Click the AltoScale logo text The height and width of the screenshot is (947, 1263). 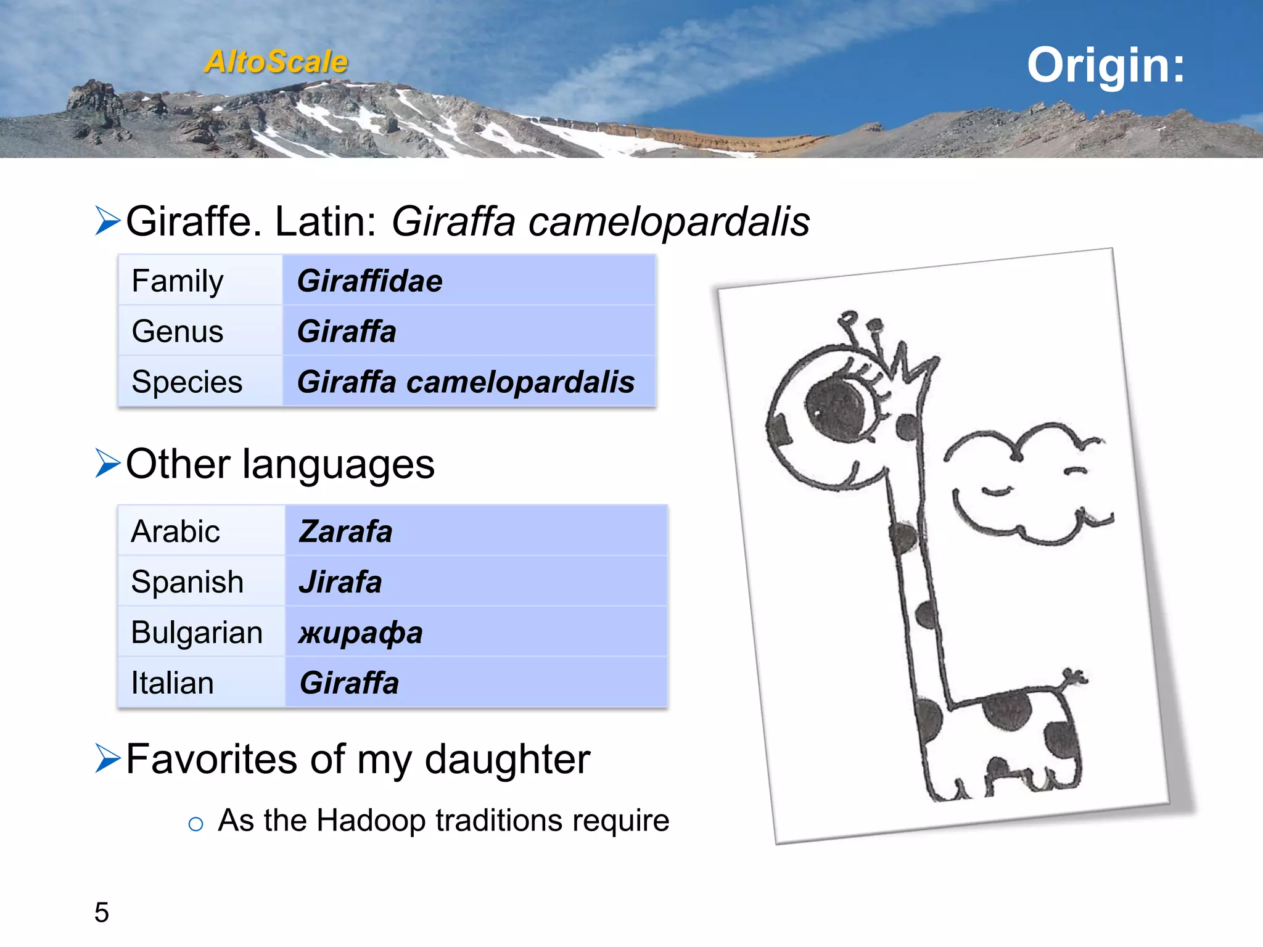coord(276,62)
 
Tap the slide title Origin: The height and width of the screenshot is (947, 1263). coord(1105,65)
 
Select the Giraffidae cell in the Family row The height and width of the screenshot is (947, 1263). coord(369,281)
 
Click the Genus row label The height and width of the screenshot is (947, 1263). coord(178,332)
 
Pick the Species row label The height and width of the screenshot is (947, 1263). coord(187,382)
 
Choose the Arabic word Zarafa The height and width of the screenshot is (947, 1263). coord(345,531)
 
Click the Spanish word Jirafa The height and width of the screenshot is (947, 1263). coord(340,582)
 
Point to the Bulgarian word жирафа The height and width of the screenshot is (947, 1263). coord(361,633)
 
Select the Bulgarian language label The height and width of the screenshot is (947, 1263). coord(197,633)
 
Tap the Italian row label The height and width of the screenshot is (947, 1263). coord(173,683)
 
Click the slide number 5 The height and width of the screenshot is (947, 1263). coord(102,912)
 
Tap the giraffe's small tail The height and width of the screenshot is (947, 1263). coord(1074,678)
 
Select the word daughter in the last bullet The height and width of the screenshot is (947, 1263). coord(508,759)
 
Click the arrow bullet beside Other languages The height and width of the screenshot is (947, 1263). coord(107,464)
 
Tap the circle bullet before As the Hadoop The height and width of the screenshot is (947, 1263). coord(195,824)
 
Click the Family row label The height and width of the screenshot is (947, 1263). coord(178,281)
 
